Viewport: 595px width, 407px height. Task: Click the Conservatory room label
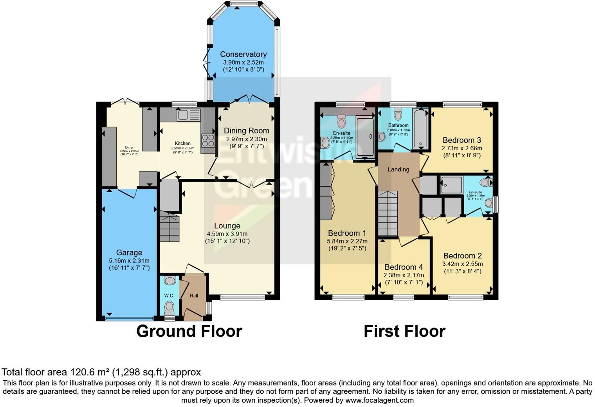tap(243, 54)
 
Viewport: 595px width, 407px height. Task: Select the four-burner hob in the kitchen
tap(208, 140)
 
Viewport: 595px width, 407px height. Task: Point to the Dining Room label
tap(246, 131)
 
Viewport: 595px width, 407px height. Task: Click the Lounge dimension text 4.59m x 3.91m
tap(227, 234)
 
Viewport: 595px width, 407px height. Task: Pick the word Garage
tap(129, 253)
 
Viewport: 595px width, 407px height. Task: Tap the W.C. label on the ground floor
tap(169, 296)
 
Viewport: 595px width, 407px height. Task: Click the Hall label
tap(194, 296)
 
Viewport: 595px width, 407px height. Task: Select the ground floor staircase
tap(169, 227)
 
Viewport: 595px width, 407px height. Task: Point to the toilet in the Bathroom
tap(398, 114)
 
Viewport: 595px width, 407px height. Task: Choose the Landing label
tap(398, 169)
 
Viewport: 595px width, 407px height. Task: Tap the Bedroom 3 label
tap(462, 140)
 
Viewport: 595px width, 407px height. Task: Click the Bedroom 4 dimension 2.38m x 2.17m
tap(404, 275)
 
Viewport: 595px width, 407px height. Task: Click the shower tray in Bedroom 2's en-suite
tap(451, 185)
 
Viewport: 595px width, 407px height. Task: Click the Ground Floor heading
tap(189, 331)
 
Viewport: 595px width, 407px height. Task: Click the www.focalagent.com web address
tap(379, 400)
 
